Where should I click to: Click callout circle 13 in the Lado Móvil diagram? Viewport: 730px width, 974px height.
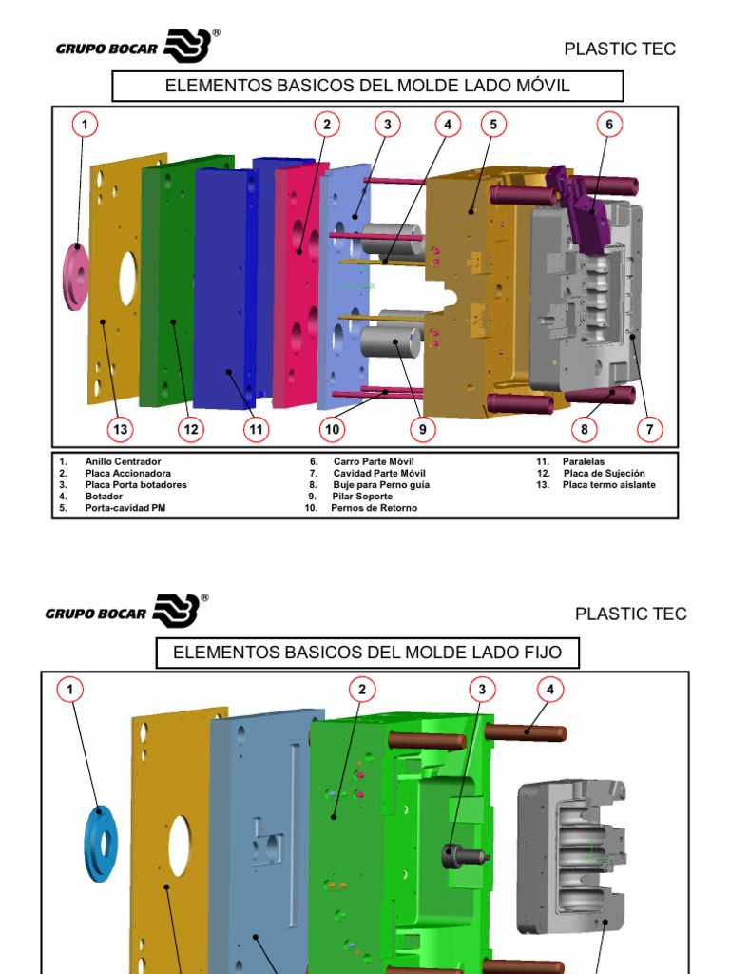[x=121, y=429]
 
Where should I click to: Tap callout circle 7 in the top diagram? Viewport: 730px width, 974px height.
[x=650, y=429]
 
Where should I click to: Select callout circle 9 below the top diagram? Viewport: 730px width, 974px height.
[x=423, y=429]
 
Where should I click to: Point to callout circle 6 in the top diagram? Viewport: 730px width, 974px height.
[x=609, y=125]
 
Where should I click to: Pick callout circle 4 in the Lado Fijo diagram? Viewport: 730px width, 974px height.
[x=550, y=689]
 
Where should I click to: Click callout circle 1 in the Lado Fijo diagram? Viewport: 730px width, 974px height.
[x=69, y=689]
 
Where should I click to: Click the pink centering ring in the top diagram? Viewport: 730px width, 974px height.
[x=76, y=277]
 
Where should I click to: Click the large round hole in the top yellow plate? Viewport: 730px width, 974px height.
[x=128, y=278]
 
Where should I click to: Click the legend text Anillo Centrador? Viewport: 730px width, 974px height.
[x=123, y=461]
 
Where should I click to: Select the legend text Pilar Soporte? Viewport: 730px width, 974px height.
[x=362, y=497]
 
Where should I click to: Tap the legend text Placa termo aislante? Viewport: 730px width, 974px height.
[x=609, y=484]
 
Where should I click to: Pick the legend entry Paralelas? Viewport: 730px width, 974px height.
[x=584, y=461]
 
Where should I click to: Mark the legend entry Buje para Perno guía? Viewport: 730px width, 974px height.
[x=381, y=484]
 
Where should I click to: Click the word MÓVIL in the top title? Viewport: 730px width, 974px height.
[x=543, y=85]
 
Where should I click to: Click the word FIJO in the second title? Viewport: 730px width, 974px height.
[x=540, y=653]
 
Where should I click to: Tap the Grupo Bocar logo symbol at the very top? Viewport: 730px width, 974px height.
[x=187, y=46]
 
